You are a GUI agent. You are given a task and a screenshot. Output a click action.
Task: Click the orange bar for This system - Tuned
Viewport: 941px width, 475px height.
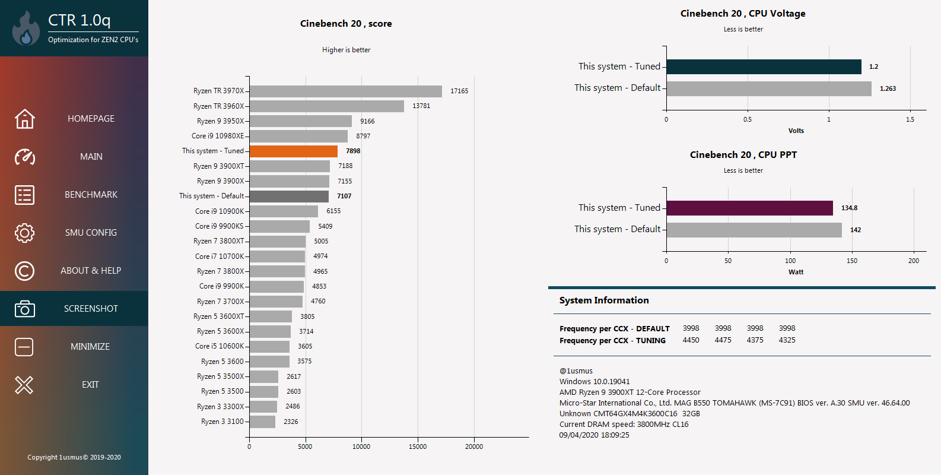(294, 151)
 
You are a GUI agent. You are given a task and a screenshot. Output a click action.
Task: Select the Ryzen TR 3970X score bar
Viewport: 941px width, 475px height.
(346, 91)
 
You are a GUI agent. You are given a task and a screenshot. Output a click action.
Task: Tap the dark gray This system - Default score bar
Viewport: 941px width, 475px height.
(289, 197)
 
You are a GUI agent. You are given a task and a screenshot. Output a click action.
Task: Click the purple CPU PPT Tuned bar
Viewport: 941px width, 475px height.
(749, 208)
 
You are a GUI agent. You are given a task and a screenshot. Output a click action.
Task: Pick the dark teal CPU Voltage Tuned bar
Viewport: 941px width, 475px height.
(764, 67)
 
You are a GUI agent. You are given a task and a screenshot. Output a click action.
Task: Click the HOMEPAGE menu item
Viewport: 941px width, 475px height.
(91, 119)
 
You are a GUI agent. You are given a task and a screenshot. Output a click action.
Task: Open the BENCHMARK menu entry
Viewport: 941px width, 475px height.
(91, 195)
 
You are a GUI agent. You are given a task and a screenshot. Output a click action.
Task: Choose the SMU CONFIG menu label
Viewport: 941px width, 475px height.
(91, 233)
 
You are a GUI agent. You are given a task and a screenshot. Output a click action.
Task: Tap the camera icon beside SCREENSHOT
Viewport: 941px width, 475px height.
(24, 309)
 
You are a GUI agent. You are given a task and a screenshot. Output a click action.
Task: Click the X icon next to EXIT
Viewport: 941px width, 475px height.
(24, 385)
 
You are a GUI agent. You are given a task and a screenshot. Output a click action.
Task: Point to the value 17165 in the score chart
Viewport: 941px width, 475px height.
(459, 91)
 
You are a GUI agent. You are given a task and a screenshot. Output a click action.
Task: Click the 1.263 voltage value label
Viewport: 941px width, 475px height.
(888, 89)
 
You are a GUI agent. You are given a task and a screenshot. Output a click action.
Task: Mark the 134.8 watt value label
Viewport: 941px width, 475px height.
(849, 208)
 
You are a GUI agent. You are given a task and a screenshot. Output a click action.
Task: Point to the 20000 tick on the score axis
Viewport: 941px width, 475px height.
(473, 446)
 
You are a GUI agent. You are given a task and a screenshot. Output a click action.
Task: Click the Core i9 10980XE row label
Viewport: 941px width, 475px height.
(218, 136)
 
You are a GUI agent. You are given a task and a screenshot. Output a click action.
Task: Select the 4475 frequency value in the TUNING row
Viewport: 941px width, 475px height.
(723, 340)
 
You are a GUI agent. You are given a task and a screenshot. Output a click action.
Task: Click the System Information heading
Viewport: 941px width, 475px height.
(604, 300)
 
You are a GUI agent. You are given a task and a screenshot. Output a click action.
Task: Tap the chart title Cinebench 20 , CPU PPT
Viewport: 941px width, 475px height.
(743, 155)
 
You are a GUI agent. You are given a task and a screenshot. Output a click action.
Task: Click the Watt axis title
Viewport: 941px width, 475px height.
(796, 272)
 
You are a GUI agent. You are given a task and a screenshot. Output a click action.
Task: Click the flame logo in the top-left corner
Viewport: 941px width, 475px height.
(26, 30)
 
